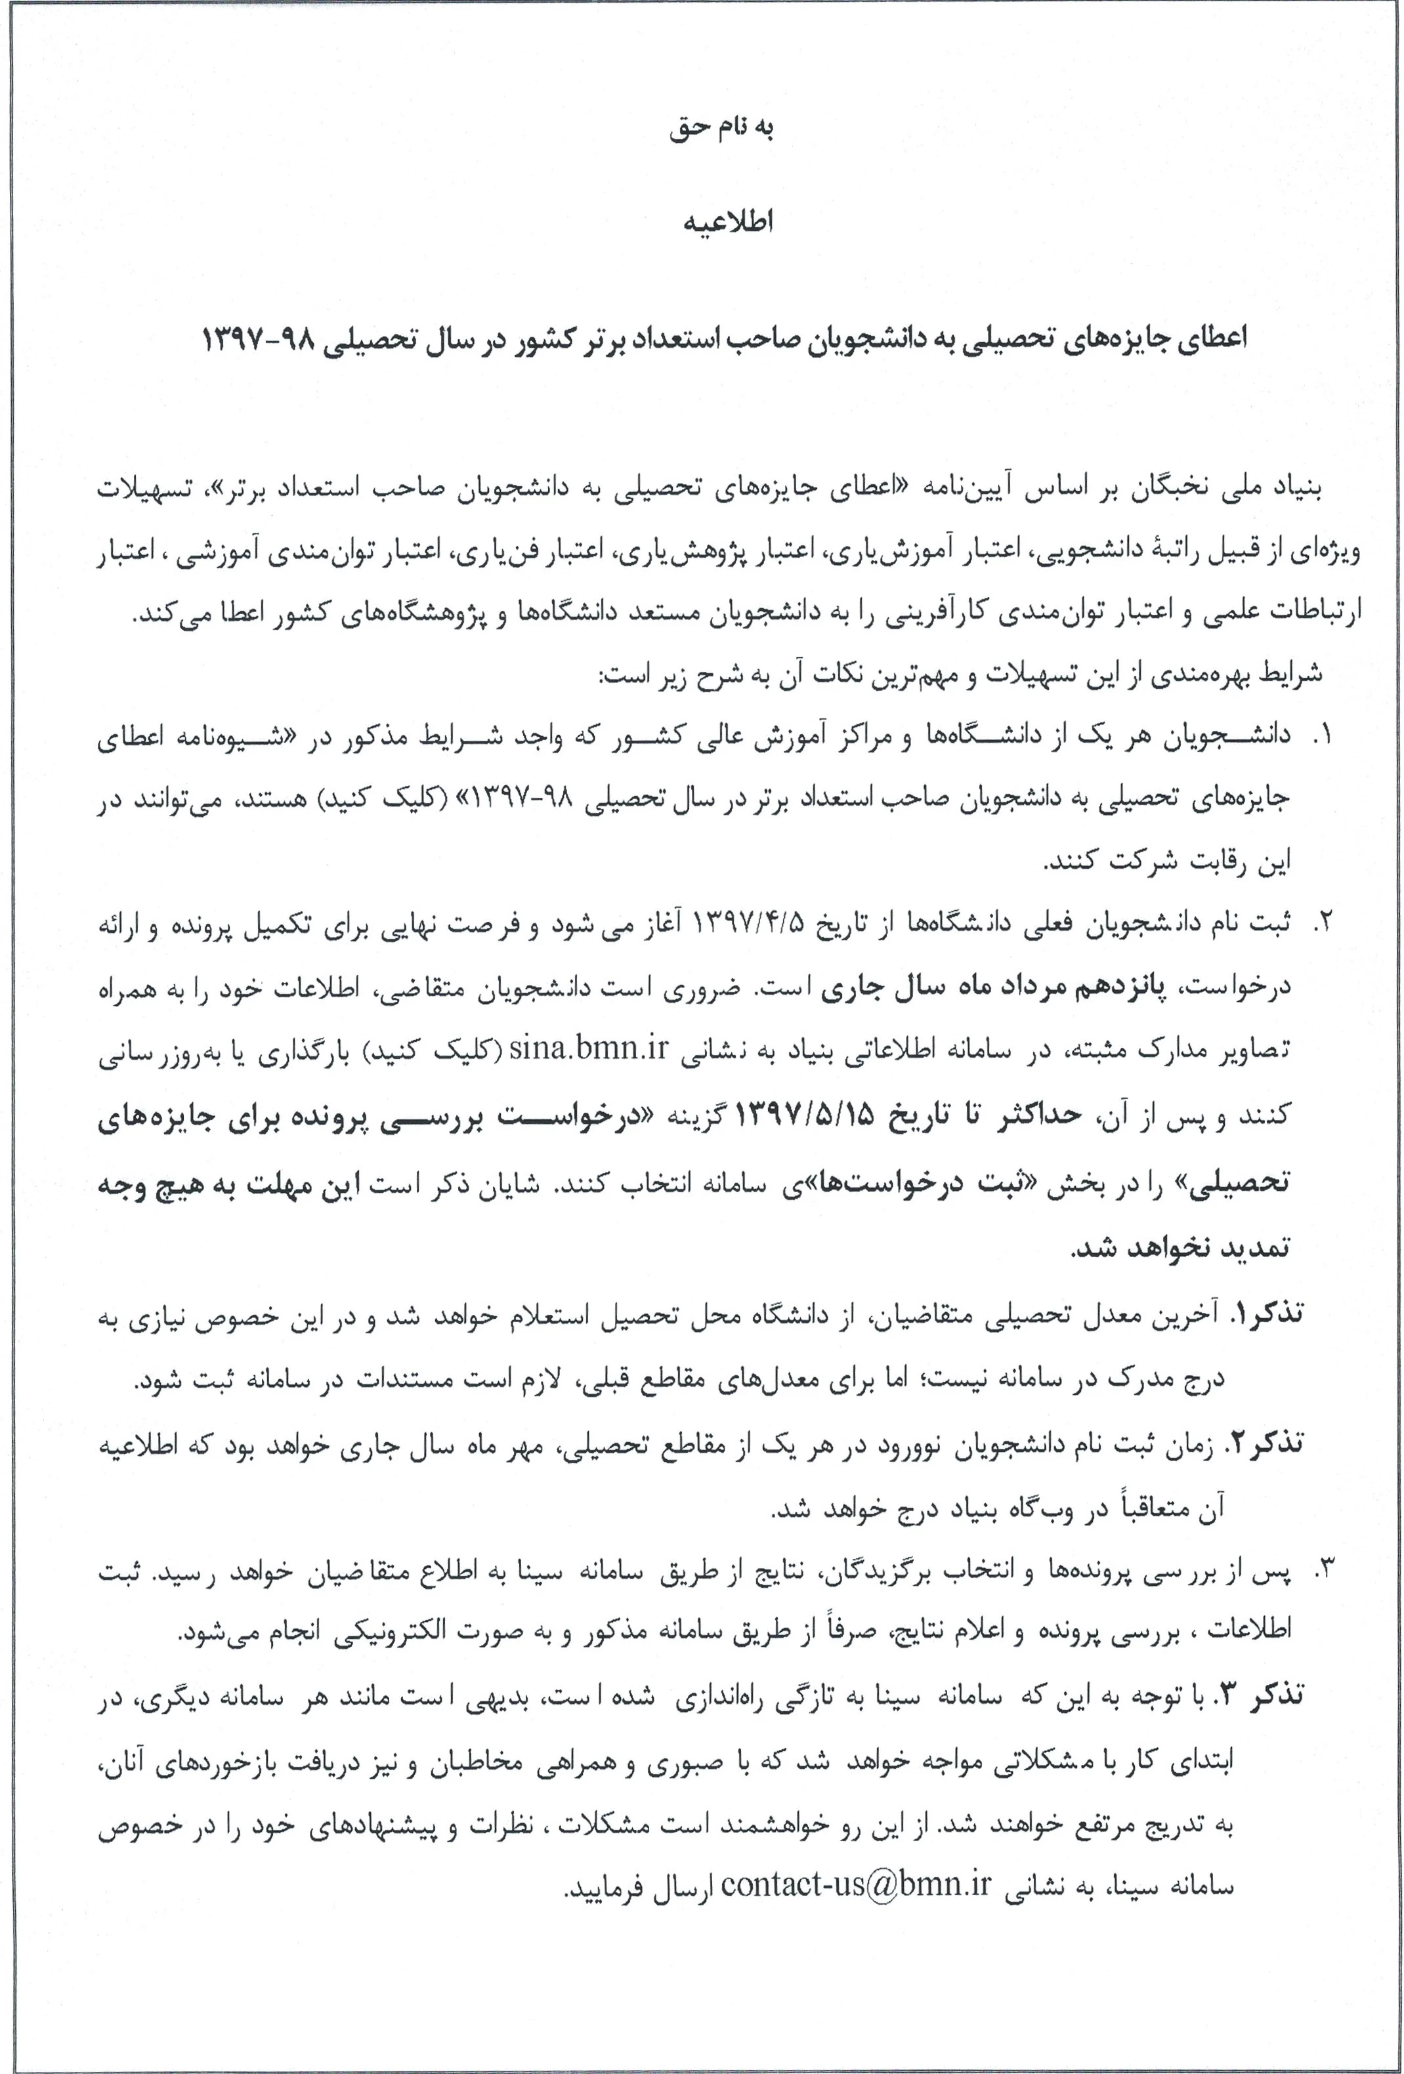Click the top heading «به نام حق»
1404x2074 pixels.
[x=721, y=128]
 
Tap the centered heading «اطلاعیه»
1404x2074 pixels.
[x=727, y=223]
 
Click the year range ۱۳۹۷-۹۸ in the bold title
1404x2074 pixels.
[x=259, y=339]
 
